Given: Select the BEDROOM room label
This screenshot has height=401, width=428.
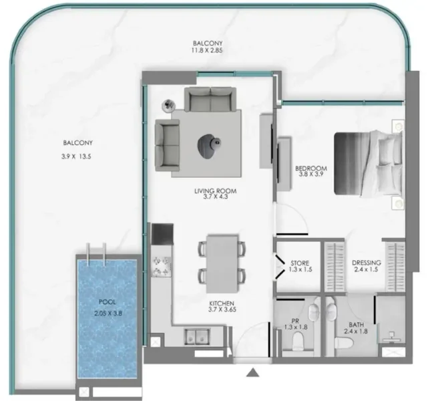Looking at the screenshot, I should pos(310,168).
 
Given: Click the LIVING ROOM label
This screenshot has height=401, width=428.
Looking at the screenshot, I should pos(216,192).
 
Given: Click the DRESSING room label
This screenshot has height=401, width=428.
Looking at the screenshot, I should pos(366,263).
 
